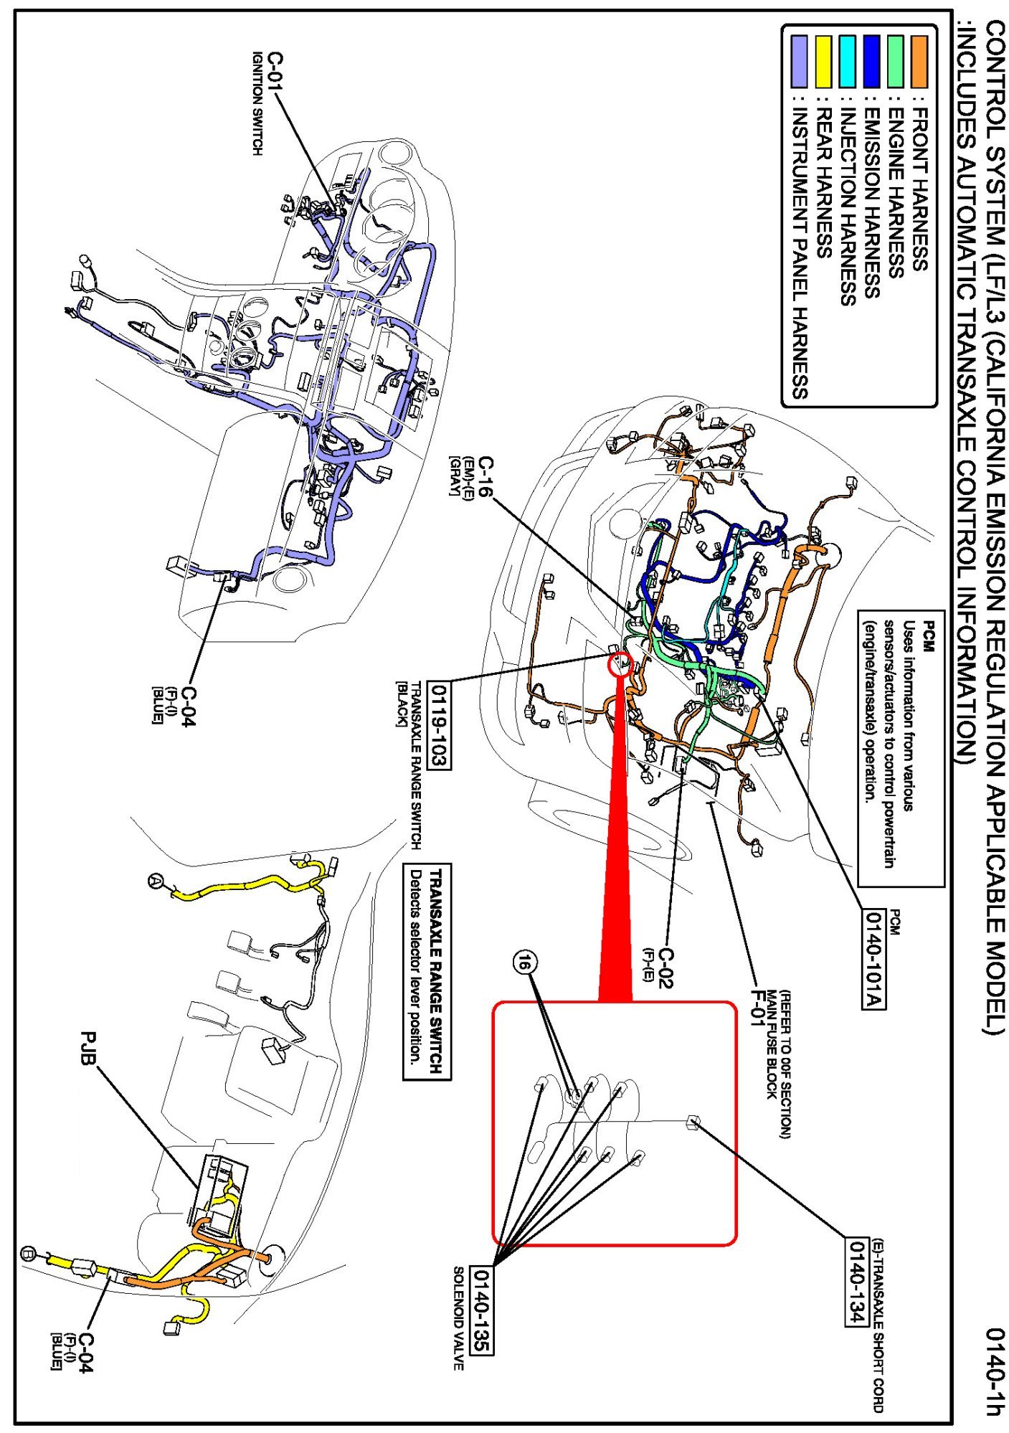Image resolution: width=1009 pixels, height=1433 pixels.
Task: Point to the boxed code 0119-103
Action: coord(439,725)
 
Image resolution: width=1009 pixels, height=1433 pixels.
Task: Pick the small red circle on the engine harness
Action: coord(620,664)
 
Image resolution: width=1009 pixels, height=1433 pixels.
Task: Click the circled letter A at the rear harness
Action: coord(156,881)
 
